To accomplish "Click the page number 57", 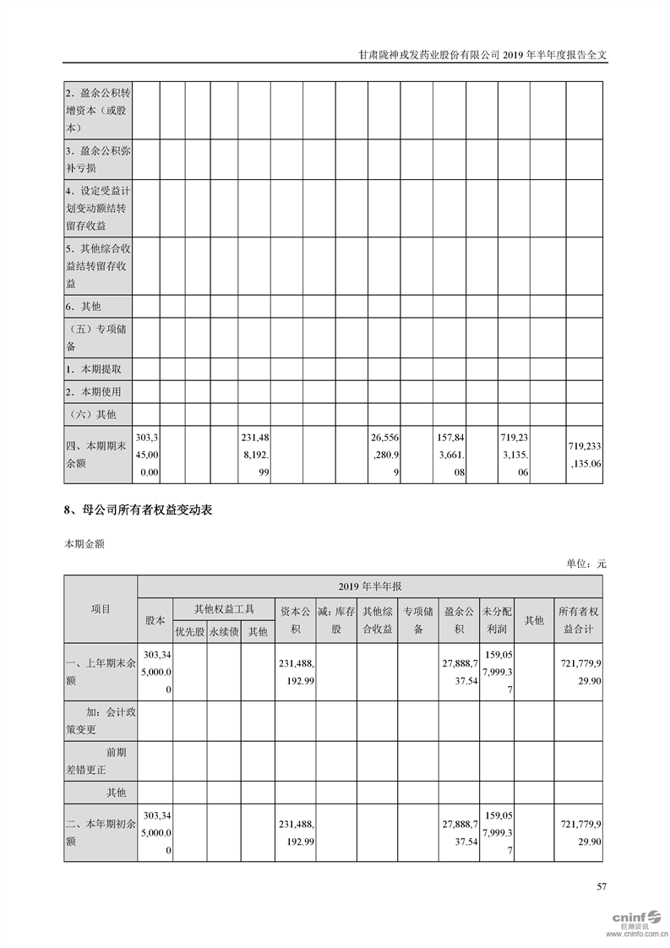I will click(x=602, y=886).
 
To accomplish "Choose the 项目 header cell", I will click(x=101, y=608).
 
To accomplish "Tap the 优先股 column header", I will click(x=189, y=629).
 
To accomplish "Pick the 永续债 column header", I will click(x=224, y=629).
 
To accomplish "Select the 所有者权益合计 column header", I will click(x=578, y=619).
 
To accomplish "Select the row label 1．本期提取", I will click(x=94, y=369).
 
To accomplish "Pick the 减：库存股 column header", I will click(x=336, y=619).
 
